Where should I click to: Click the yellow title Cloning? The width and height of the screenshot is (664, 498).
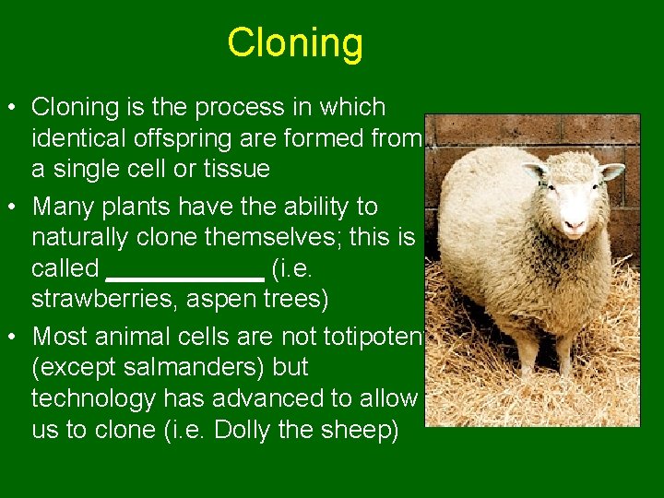295,43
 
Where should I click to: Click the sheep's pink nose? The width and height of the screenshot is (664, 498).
575,223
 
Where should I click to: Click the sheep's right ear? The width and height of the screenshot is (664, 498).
534,171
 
